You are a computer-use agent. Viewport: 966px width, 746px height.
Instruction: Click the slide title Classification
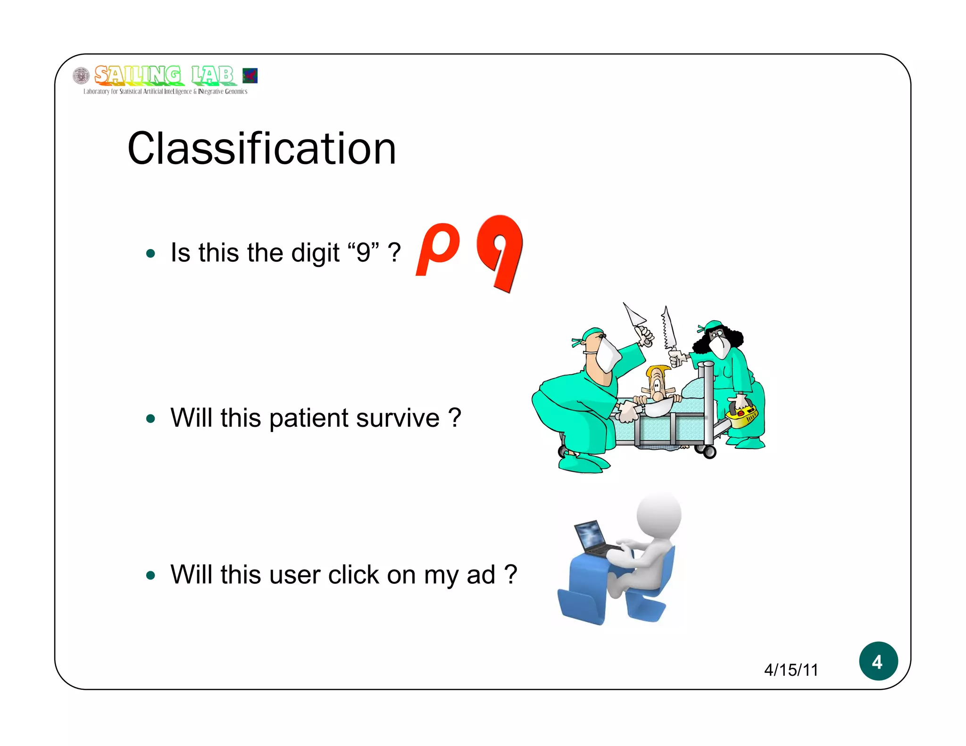tap(261, 149)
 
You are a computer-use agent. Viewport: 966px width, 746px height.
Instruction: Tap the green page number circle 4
tap(878, 661)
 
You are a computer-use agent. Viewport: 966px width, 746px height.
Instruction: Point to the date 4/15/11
tap(791, 670)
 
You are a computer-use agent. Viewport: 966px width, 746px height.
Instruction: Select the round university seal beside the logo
tap(81, 75)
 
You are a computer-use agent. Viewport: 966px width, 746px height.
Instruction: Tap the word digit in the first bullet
tap(315, 253)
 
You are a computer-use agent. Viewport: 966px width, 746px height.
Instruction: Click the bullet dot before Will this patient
tap(150, 419)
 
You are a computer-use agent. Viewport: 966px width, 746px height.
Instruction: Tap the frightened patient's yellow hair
tap(658, 371)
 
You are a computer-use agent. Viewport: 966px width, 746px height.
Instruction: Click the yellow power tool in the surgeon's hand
tap(742, 415)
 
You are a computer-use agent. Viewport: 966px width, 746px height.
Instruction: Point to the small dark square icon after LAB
tap(250, 75)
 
